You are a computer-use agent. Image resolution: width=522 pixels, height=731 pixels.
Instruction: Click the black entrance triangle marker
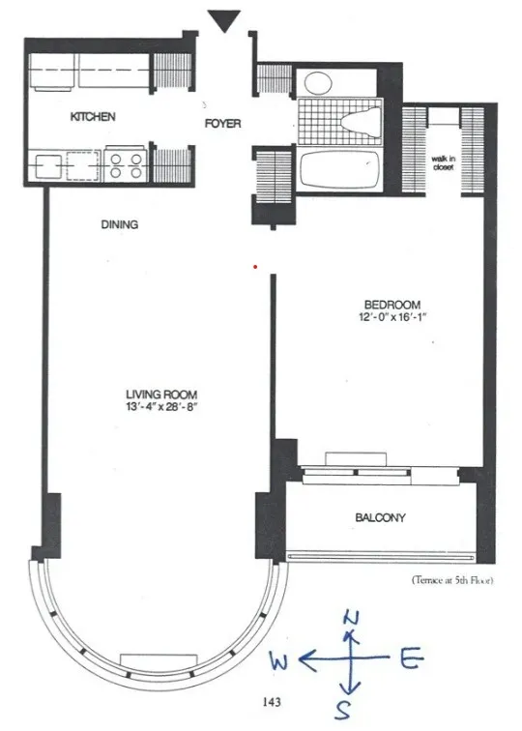point(227,19)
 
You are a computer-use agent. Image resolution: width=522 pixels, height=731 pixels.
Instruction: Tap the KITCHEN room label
point(94,117)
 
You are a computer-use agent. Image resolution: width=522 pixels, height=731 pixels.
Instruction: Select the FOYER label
point(222,124)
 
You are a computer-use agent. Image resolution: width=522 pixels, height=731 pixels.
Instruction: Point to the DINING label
point(120,225)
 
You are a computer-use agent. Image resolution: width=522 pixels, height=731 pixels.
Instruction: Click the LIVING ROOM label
point(161,395)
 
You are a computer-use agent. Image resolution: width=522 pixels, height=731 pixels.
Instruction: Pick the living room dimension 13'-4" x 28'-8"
point(161,408)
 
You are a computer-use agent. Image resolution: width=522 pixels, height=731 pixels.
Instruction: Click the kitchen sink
point(48,166)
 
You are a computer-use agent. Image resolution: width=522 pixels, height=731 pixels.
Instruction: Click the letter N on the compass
point(353,618)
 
